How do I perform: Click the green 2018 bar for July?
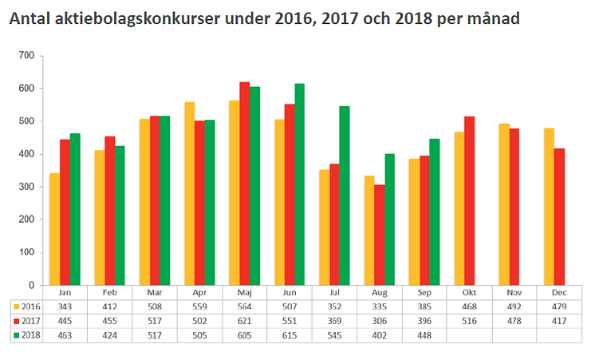point(345,196)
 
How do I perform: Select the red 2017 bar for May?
point(244,184)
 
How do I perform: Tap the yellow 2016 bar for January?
point(54,229)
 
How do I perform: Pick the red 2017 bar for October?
point(469,200)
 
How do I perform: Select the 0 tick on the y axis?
point(32,285)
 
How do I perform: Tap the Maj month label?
point(244,292)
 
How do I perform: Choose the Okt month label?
point(469,292)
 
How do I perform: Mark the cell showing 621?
point(244,320)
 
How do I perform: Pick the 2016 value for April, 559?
point(199,306)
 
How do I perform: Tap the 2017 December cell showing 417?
point(559,320)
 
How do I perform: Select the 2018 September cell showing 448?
point(424,335)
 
